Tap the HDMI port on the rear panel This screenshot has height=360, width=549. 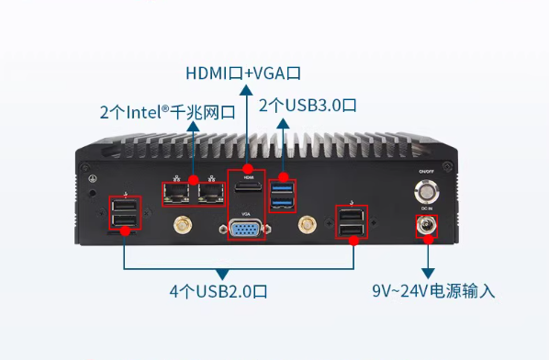246,190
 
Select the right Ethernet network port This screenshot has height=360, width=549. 210,192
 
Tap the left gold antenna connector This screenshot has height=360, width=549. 181,225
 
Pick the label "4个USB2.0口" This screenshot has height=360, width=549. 218,292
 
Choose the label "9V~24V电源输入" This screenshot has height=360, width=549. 433,292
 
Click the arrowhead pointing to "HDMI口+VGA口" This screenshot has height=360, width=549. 245,89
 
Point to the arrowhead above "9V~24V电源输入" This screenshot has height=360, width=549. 427,273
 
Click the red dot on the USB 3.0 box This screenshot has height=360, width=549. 284,176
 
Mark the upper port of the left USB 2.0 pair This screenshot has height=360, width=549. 126,209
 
